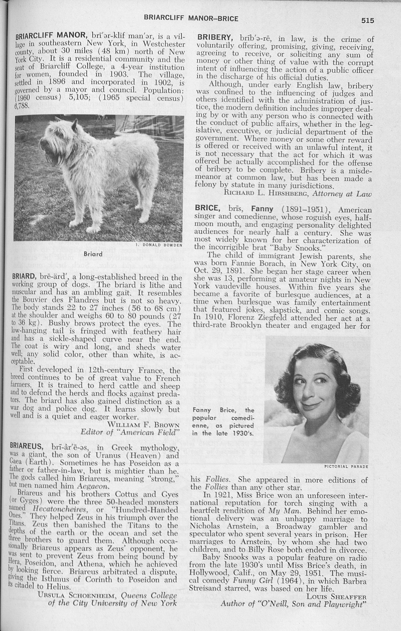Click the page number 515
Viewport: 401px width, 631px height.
(367, 20)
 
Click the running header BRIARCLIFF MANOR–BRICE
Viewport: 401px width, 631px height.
(191, 19)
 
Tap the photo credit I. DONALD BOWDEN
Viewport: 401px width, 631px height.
(158, 245)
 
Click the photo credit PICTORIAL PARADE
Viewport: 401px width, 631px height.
(346, 467)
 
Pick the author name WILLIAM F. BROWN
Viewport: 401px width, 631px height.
(144, 425)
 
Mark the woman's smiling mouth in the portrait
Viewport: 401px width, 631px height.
(311, 407)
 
